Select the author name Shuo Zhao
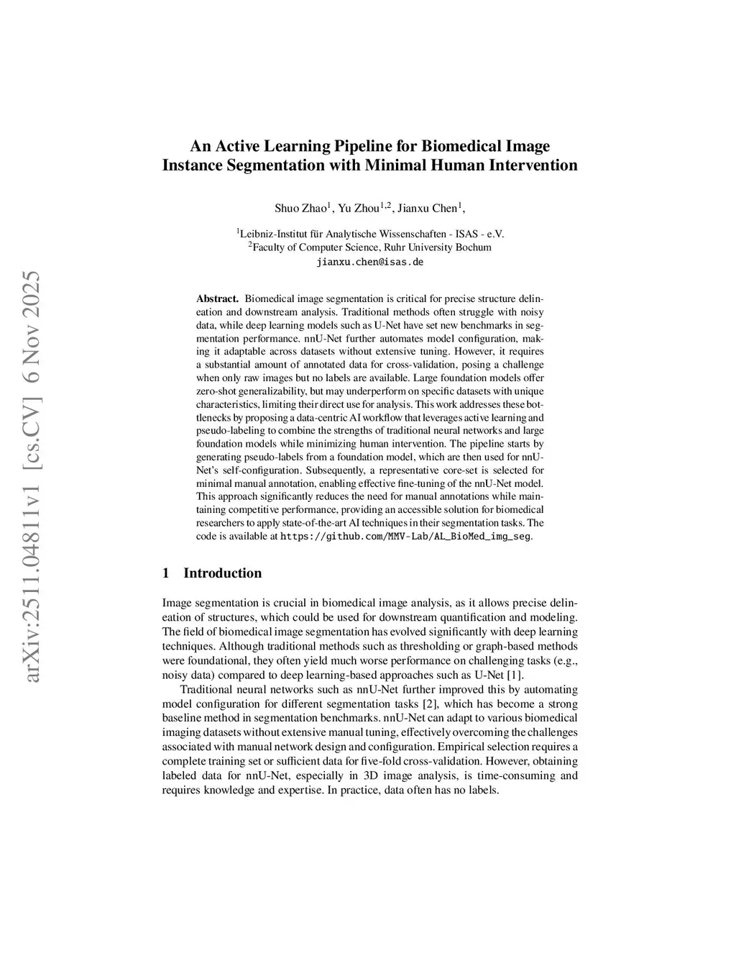tap(300, 209)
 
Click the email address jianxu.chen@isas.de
tap(369, 262)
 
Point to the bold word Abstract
tap(217, 298)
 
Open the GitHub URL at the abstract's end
tap(405, 537)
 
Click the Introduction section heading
tap(222, 573)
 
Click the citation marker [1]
tap(515, 675)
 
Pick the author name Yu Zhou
tap(358, 209)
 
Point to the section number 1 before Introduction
tap(166, 573)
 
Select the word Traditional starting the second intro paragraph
tap(207, 690)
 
